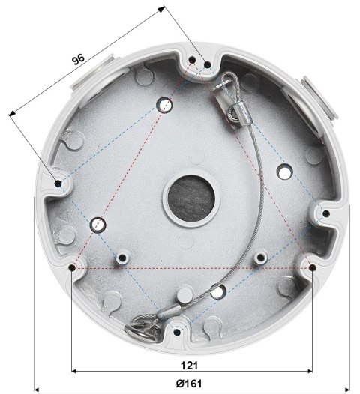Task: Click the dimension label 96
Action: point(78,60)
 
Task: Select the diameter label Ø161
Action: point(189,382)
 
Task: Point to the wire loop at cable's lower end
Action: point(141,327)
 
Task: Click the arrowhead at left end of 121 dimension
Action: point(74,371)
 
